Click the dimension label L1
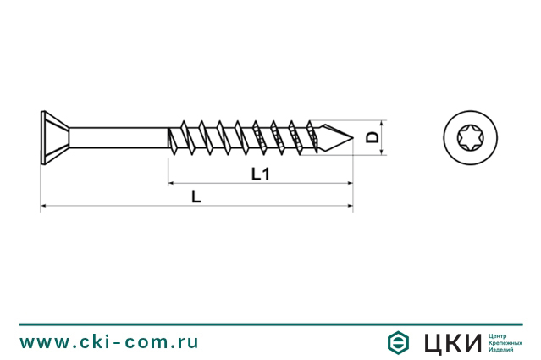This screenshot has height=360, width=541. tap(261, 174)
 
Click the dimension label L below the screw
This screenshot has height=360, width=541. tap(196, 197)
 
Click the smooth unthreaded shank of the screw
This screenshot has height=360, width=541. tap(119, 136)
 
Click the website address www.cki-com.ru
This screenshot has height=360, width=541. tap(109, 341)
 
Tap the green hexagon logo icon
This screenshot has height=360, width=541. tap(396, 342)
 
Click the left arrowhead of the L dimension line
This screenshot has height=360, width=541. tap(43, 206)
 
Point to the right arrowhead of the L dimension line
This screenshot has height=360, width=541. tap(350, 206)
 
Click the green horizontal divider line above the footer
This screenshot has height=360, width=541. tap(270, 324)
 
